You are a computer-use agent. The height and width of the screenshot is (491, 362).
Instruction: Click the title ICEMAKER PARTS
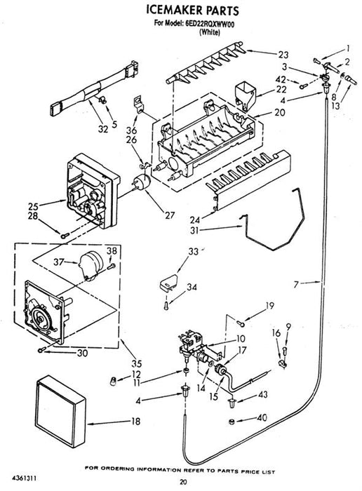pyautogui.click(x=193, y=10)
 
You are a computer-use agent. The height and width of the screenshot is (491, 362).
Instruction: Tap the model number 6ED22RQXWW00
pyautogui.click(x=208, y=24)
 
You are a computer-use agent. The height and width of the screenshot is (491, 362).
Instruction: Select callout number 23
pyautogui.click(x=283, y=55)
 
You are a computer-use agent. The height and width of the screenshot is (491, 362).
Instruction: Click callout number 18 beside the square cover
pyautogui.click(x=135, y=421)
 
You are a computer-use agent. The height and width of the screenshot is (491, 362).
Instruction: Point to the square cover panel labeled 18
pyautogui.click(x=60, y=410)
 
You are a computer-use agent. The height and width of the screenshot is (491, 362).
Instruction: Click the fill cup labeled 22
pyautogui.click(x=245, y=95)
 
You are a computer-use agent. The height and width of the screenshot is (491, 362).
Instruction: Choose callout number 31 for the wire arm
pyautogui.click(x=194, y=230)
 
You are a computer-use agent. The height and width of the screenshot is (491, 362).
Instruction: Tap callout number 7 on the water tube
pyautogui.click(x=296, y=283)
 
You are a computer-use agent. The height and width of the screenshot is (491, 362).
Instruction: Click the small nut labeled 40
pyautogui.click(x=231, y=422)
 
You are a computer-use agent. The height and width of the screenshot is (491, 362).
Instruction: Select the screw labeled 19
pyautogui.click(x=241, y=323)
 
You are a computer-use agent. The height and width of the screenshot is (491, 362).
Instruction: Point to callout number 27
pyautogui.click(x=170, y=215)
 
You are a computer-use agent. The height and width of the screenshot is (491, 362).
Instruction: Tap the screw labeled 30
pyautogui.click(x=41, y=349)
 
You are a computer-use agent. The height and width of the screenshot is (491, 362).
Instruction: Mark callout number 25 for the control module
pyautogui.click(x=33, y=206)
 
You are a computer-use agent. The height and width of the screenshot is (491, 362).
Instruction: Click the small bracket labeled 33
pyautogui.click(x=168, y=283)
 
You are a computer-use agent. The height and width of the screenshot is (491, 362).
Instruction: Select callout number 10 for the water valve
pyautogui.click(x=241, y=339)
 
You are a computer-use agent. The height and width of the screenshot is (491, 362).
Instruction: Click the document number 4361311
pyautogui.click(x=24, y=478)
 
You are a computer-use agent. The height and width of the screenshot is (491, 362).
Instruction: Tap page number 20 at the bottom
pyautogui.click(x=184, y=482)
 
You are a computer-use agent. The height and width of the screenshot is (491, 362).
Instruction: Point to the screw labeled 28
pyautogui.click(x=65, y=235)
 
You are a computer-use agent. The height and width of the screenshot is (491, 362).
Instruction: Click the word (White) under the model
pyautogui.click(x=210, y=32)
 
